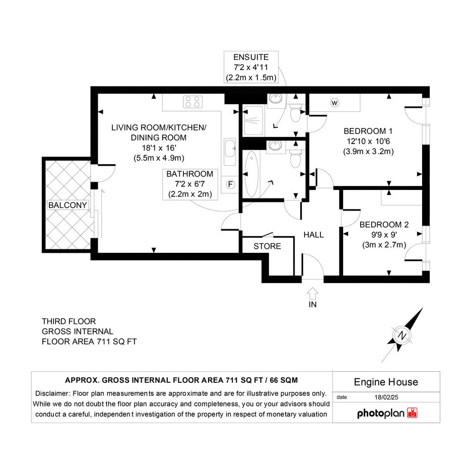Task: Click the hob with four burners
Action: (193, 102)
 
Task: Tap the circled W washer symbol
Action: (334, 103)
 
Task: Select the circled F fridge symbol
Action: (230, 184)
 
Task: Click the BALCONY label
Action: (67, 205)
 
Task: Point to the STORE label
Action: (267, 246)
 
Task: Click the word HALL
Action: (314, 235)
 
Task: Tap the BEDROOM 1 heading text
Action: (368, 131)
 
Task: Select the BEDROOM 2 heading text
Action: (384, 225)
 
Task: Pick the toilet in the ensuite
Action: (296, 112)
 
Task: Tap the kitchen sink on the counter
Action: (230, 152)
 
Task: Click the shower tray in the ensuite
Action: (253, 120)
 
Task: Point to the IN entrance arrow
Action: (312, 294)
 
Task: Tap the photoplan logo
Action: (387, 413)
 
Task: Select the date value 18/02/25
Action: (386, 397)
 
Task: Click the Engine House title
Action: (386, 382)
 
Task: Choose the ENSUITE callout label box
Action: (251, 67)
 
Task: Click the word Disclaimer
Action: (52, 393)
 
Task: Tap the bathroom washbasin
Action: (276, 146)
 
